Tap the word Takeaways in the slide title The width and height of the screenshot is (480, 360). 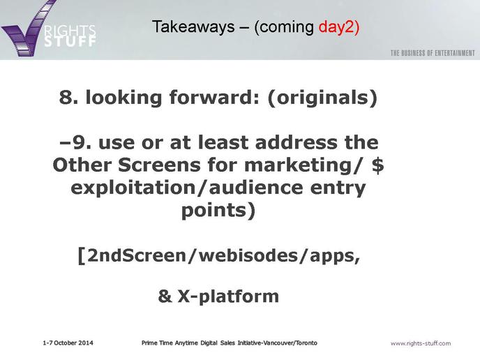pos(193,27)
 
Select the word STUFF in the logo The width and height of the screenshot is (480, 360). pos(70,41)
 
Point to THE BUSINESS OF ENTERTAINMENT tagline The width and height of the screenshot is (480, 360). pos(433,53)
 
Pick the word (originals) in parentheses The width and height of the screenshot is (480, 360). pos(322,98)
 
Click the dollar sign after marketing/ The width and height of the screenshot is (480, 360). pos(378,165)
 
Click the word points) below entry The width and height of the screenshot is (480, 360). pos(218,211)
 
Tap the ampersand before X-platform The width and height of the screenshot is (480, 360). pos(165,296)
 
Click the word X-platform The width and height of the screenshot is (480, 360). pos(228,297)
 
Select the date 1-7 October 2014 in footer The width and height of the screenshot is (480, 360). pos(68,343)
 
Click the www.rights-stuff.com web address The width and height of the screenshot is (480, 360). pos(421,343)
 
